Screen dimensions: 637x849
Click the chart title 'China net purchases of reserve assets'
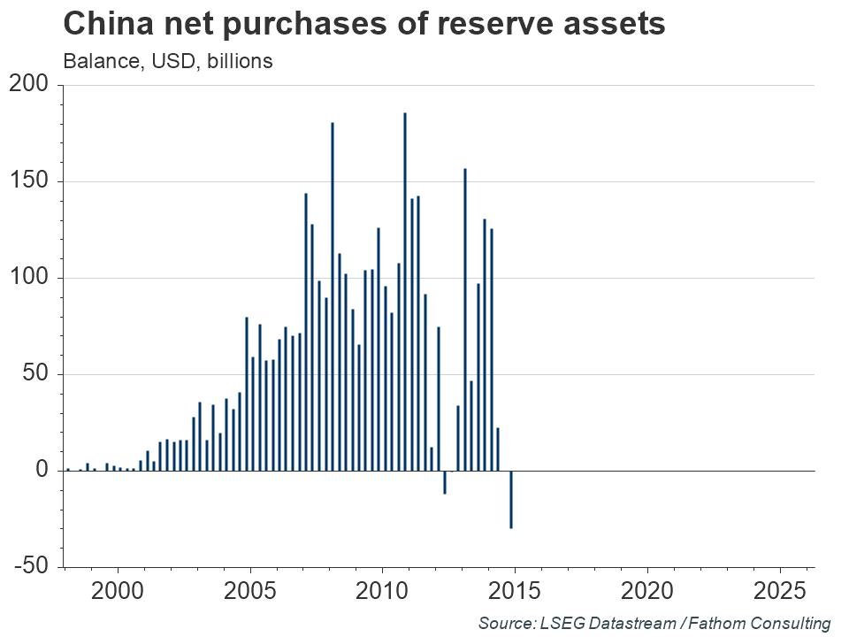click(x=363, y=24)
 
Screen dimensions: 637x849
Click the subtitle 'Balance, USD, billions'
click(x=167, y=61)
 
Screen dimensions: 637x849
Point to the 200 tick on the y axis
click(x=32, y=85)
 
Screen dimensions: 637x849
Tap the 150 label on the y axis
click(x=32, y=181)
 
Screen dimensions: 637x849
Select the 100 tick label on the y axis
click(x=32, y=278)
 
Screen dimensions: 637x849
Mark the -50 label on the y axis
click(x=32, y=566)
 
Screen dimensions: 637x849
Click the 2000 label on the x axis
click(x=118, y=590)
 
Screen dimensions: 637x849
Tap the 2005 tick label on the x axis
click(x=250, y=590)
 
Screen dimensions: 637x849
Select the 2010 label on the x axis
click(x=382, y=590)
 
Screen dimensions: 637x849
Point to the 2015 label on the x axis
click(x=515, y=590)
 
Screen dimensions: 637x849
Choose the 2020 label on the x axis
click(x=647, y=590)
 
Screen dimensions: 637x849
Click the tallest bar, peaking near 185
click(x=405, y=292)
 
